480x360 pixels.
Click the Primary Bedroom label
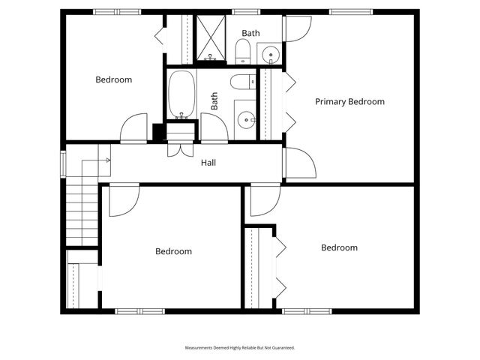click(x=349, y=102)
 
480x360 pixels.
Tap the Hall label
click(x=208, y=162)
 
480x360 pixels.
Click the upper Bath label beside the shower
click(x=250, y=33)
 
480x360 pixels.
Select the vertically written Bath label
click(x=214, y=101)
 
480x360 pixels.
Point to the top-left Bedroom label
click(x=113, y=79)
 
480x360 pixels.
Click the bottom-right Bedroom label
click(x=339, y=247)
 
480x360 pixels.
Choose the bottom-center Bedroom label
click(x=173, y=251)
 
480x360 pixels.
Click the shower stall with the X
click(x=211, y=36)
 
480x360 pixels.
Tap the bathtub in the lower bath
click(x=181, y=94)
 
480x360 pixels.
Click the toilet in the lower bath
click(x=241, y=82)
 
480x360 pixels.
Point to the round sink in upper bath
click(x=270, y=53)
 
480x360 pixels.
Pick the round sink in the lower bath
click(x=245, y=119)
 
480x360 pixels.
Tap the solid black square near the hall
click(x=159, y=132)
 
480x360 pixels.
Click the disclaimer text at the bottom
click(x=240, y=348)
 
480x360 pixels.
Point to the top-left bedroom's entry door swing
click(x=134, y=128)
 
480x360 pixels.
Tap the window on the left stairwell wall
click(x=62, y=163)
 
